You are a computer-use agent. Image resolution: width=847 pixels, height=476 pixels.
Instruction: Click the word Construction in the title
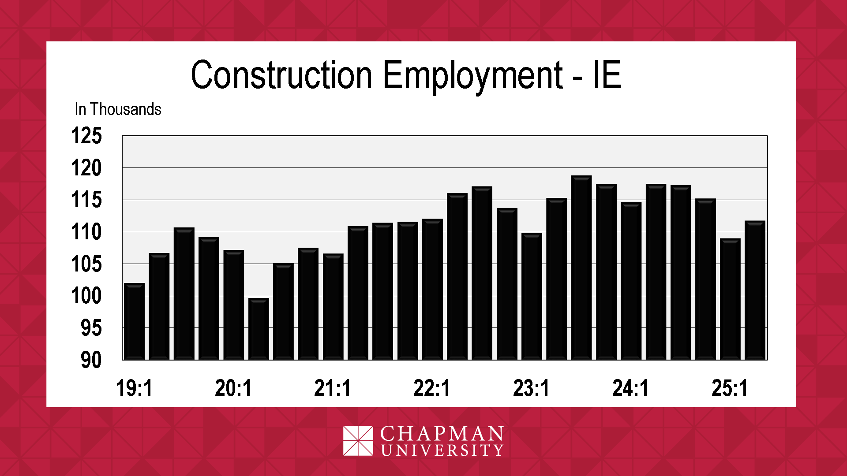(x=281, y=75)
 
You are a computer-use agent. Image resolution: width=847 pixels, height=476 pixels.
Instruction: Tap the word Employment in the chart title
(x=472, y=75)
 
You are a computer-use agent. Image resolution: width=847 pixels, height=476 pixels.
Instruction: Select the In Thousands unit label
(x=118, y=109)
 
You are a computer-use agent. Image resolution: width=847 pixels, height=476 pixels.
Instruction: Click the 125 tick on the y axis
(x=86, y=136)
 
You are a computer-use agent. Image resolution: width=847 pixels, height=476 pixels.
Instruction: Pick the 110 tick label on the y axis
(x=86, y=232)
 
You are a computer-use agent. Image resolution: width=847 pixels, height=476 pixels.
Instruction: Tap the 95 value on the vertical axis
(x=91, y=328)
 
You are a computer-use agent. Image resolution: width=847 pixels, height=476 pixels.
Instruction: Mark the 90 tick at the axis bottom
(x=91, y=360)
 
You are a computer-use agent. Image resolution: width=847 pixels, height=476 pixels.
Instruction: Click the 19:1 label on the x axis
(x=134, y=388)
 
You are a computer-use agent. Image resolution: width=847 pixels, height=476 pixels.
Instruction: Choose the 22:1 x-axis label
(x=432, y=388)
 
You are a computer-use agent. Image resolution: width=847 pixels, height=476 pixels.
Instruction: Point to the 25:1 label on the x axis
(x=730, y=388)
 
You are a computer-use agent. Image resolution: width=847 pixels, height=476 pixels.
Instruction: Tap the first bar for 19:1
(x=135, y=321)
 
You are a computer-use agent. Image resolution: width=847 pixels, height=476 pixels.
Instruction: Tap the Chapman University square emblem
(x=358, y=441)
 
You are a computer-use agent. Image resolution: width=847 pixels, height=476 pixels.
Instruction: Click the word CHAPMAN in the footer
(x=442, y=434)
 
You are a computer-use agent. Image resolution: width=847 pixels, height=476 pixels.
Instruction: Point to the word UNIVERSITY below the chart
(x=442, y=450)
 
